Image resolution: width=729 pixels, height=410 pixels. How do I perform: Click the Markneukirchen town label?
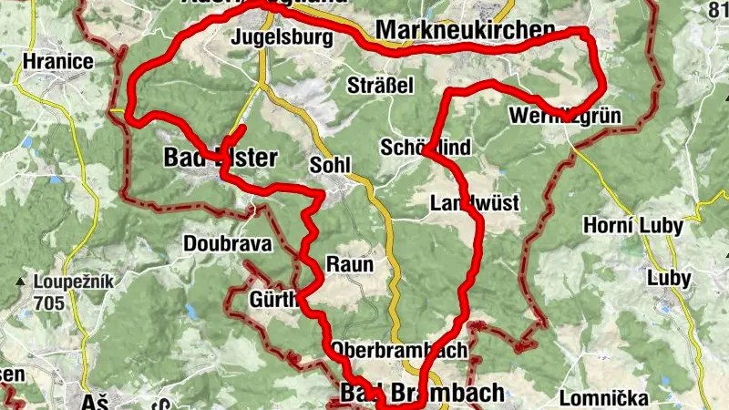pos(464,31)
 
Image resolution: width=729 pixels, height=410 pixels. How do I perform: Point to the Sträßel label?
pos(381,86)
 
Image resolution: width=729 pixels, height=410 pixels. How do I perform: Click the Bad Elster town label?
pos(220,158)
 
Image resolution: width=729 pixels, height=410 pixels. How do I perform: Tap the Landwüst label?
pos(474,202)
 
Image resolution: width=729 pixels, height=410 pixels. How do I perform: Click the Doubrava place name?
pos(215,243)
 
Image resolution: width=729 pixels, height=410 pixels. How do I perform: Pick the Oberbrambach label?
pos(399,349)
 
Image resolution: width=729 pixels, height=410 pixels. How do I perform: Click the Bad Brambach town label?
pos(421,393)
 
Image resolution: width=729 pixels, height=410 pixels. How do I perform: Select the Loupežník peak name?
pos(73,282)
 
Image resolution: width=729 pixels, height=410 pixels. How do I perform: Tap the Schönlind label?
pos(426,148)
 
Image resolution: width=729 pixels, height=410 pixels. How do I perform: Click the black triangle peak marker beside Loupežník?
pos(20,282)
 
